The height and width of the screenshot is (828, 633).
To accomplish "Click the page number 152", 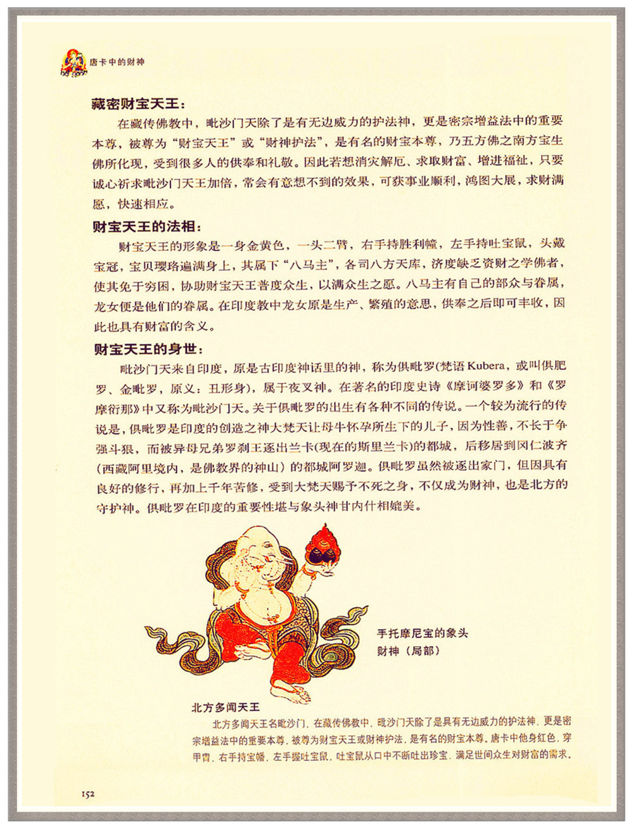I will coord(88,793).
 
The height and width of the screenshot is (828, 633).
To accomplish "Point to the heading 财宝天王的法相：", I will coord(147,226).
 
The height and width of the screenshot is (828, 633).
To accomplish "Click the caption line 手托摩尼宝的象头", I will coord(422,633).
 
